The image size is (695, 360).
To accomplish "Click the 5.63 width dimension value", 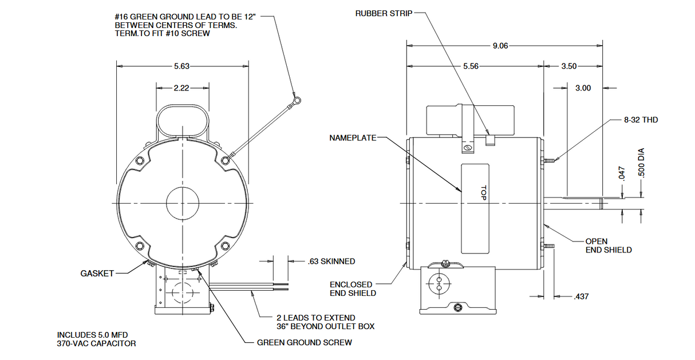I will tap(181, 66).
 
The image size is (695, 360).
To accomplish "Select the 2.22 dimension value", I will tap(181, 88).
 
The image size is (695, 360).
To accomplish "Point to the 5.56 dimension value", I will tap(470, 66).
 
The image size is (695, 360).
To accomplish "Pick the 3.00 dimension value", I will tap(583, 88).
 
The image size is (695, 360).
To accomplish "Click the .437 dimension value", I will tap(581, 296).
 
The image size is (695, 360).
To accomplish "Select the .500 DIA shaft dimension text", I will tap(641, 164).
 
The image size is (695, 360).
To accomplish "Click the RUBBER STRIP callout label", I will tap(382, 13).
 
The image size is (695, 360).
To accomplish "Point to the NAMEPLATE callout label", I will tap(353, 138).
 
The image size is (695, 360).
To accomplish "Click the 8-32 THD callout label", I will tap(641, 120).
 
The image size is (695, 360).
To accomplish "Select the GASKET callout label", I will tap(97, 274).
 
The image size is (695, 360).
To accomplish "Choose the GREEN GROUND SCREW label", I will tap(304, 343).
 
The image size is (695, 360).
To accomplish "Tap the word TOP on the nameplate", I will tap(483, 193).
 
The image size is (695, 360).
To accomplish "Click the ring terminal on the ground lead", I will tap(296, 101).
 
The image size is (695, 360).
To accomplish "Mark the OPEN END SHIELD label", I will tap(608, 246).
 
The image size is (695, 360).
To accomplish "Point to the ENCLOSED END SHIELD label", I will tap(353, 288).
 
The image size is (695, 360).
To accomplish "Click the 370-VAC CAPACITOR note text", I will tap(96, 343).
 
